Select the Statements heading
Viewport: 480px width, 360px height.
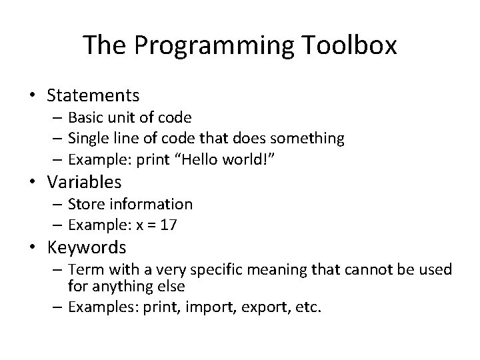click(x=93, y=95)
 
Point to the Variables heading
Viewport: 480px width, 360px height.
click(x=84, y=181)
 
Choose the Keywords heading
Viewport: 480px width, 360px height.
click(x=86, y=247)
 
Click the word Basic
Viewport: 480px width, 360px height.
click(x=85, y=117)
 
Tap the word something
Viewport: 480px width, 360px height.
click(x=311, y=138)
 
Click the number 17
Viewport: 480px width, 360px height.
click(x=169, y=225)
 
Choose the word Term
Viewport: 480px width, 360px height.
click(x=83, y=269)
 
